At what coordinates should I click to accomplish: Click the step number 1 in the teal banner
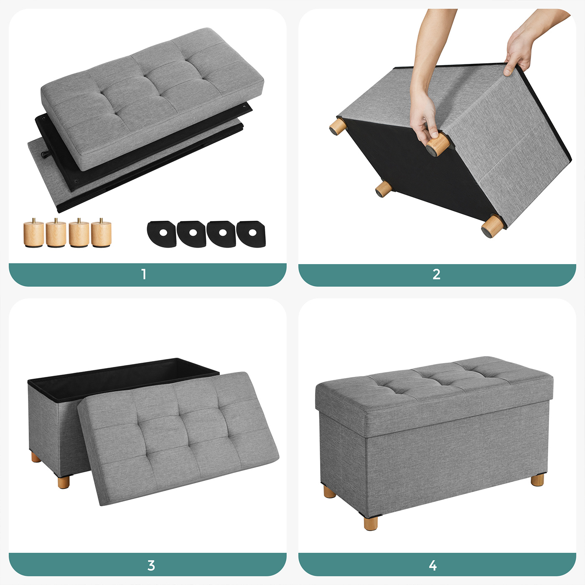[144, 274]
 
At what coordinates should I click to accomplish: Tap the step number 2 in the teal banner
[437, 274]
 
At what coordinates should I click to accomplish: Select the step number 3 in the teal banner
[151, 565]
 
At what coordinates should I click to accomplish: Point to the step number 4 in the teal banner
[433, 565]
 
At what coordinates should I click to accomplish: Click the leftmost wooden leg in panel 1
[33, 233]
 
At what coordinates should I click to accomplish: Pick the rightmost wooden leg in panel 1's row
[101, 233]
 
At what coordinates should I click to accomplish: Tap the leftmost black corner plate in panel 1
[162, 234]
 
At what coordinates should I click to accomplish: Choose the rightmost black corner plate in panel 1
[251, 234]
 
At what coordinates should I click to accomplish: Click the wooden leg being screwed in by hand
[437, 145]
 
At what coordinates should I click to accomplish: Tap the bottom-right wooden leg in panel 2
[492, 226]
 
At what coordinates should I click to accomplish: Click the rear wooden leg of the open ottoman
[36, 457]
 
